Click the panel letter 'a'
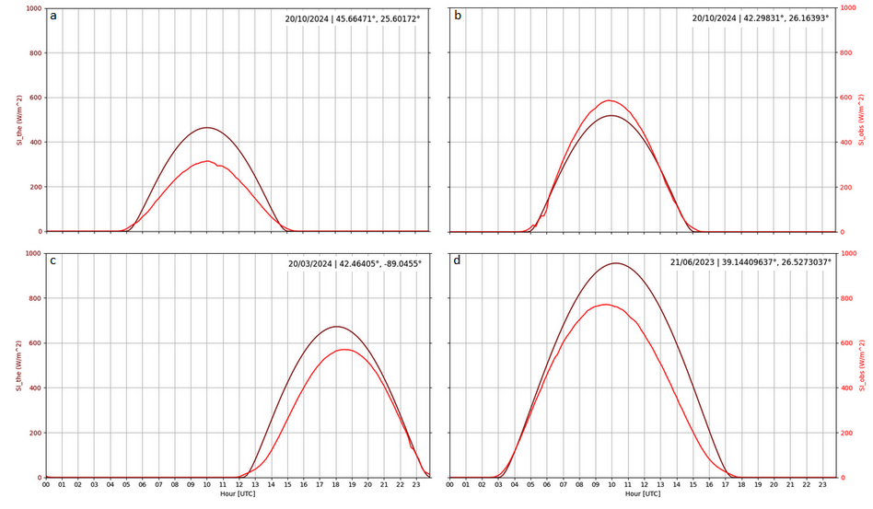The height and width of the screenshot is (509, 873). [53, 17]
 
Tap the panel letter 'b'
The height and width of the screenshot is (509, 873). [456, 17]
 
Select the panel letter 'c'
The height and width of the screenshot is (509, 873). [53, 261]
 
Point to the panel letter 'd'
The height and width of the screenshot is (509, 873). [456, 261]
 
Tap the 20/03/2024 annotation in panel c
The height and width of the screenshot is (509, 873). [316, 263]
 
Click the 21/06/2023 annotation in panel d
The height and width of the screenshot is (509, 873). [700, 263]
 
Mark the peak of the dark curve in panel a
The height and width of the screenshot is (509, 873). [207, 127]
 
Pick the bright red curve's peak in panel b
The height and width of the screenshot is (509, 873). [609, 100]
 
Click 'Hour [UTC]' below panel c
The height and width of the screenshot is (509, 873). [238, 494]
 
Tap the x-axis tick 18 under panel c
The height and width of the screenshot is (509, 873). [336, 485]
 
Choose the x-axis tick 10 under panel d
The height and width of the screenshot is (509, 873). [610, 485]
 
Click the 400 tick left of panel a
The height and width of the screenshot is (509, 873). [34, 142]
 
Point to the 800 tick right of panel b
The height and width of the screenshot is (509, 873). [847, 52]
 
